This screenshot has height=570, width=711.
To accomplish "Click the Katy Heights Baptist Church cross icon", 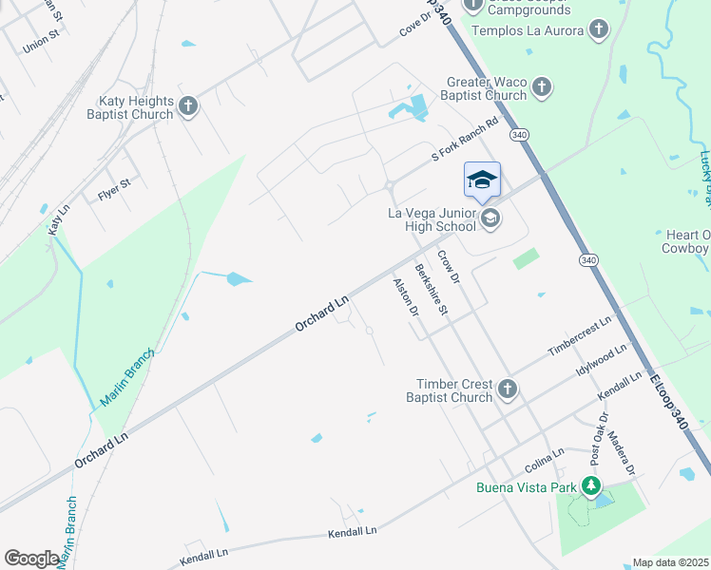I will pos(188,105).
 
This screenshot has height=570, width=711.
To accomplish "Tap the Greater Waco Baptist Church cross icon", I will pos(541,88).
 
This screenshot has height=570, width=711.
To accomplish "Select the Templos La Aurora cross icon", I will pos(598,29).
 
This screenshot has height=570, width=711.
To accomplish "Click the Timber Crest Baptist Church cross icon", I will pos(508,388).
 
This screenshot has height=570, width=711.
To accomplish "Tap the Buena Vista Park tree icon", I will pos(592,487).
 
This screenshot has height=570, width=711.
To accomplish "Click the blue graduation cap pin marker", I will pos(482,180).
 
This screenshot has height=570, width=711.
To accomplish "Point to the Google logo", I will pos(31,559).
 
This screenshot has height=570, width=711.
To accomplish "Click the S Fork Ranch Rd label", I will pos(465,139).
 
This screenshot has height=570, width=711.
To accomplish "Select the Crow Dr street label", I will pos(449,267).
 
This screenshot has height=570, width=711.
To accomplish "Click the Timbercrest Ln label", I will pos(578,337).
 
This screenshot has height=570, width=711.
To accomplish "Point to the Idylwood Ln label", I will pos(602,361).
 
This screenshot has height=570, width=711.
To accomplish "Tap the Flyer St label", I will pos(114,196).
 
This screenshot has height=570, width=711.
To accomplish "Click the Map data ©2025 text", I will pos(671,562).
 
